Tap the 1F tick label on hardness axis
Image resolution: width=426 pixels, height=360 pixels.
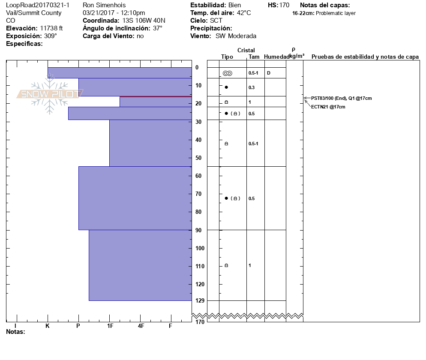click(x=110, y=326)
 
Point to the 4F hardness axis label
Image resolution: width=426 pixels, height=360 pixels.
click(x=141, y=326)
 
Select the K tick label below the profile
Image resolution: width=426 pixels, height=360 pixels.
click(x=48, y=326)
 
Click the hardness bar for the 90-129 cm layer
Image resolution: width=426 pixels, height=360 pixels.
click(x=140, y=265)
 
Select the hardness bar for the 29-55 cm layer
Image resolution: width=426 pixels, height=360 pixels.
click(x=150, y=143)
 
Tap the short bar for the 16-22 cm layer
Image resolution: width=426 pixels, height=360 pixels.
click(x=156, y=102)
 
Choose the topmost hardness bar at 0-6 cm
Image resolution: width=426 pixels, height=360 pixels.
click(x=120, y=73)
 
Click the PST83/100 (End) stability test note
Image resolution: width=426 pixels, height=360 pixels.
click(x=341, y=99)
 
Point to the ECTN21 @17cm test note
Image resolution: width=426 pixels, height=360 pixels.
click(x=328, y=107)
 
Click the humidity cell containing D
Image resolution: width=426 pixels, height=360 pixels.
click(x=269, y=73)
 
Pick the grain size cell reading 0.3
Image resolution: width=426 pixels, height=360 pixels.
click(x=252, y=87)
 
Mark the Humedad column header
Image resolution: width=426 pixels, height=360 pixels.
click(x=276, y=57)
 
